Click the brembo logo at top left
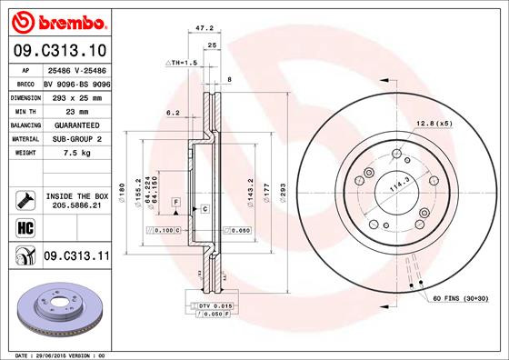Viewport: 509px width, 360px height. click(x=56, y=20)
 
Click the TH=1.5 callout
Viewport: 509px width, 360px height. click(x=182, y=62)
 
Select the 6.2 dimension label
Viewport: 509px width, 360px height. click(x=173, y=114)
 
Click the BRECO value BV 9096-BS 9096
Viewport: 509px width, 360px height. click(x=76, y=82)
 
